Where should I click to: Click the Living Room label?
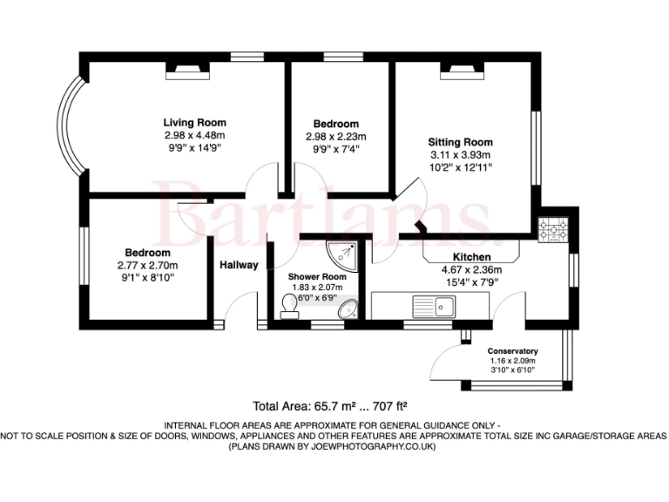pos(195,123)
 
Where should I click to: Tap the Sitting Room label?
pos(459,142)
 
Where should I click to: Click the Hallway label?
pos(238,265)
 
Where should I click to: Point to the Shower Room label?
pos(317,277)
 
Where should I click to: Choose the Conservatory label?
pos(512,351)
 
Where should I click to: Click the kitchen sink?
pos(434,306)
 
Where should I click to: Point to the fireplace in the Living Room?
pos(187,73)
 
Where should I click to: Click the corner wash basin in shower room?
pos(348,309)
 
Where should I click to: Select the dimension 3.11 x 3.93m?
pos(459,154)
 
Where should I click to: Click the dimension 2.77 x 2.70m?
pos(147,265)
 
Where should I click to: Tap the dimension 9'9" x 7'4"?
pos(335,148)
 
